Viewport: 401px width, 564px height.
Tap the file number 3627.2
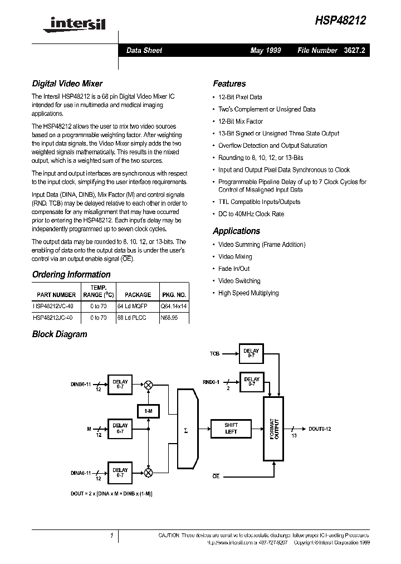pyautogui.click(x=354, y=50)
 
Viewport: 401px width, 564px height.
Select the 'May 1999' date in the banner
pyautogui.click(x=266, y=50)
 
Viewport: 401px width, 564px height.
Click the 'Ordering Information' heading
pyautogui.click(x=71, y=274)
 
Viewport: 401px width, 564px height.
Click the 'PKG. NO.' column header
pyautogui.click(x=174, y=295)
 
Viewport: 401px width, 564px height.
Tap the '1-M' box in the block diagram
pyautogui.click(x=149, y=411)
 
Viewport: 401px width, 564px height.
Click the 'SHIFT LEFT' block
pyautogui.click(x=231, y=428)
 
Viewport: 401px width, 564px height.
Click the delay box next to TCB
pyautogui.click(x=251, y=354)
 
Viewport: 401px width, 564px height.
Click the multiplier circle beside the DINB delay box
pyautogui.click(x=149, y=385)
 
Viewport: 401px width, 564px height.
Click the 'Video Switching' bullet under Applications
pyautogui.click(x=239, y=281)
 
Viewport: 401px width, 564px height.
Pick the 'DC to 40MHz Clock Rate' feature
pyautogui.click(x=251, y=214)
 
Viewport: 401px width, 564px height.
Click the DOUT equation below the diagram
pyautogui.click(x=111, y=494)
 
